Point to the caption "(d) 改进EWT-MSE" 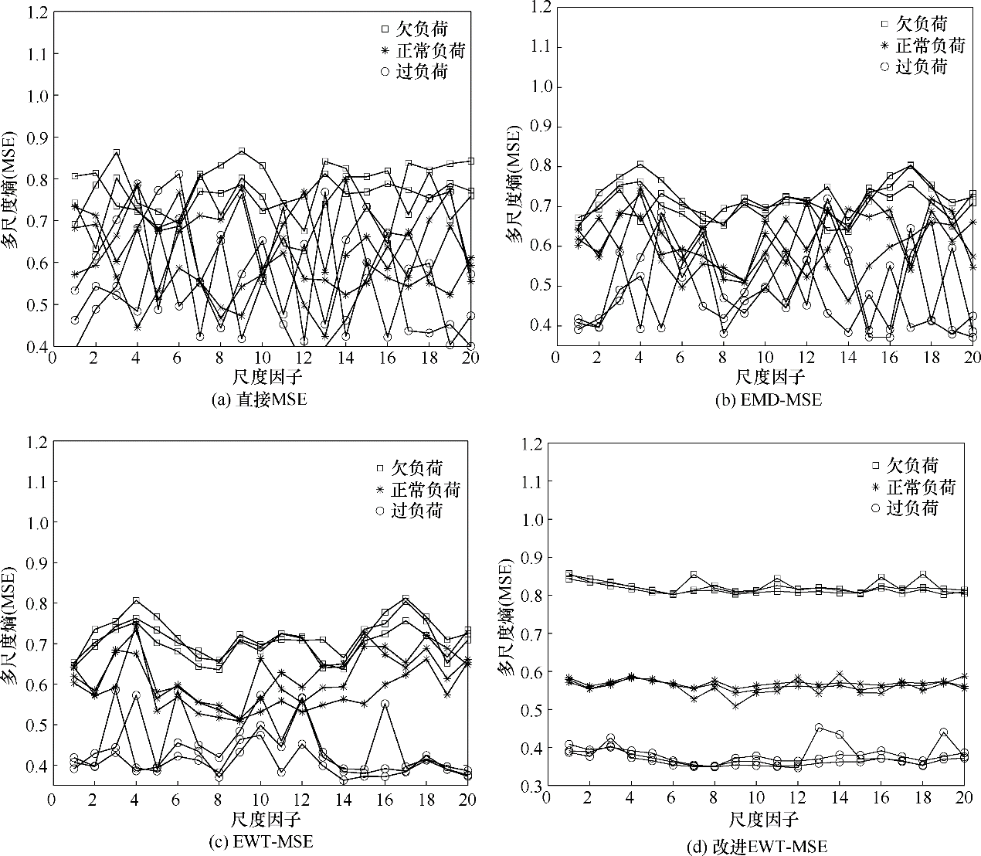tap(756, 847)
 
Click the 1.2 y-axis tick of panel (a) tap(36, 13)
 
